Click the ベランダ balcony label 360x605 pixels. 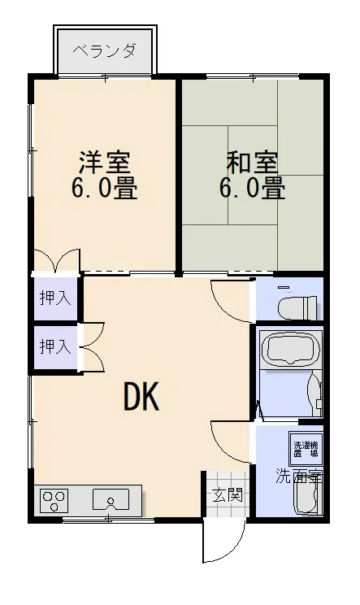coord(105,50)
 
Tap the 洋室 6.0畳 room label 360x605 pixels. coord(105,175)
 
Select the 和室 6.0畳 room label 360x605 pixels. coord(253,175)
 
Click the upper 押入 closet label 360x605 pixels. coord(55,298)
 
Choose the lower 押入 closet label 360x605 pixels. coord(55,346)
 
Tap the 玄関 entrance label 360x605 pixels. coord(228,494)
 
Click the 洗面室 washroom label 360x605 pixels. coord(299,477)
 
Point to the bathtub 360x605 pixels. coord(291,347)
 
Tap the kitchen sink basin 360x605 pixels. coord(111,500)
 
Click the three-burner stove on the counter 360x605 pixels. coord(54,500)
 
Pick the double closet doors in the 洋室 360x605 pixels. coord(57,260)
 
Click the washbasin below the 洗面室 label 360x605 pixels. coord(307,498)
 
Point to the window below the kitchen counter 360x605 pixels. coord(108,520)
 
